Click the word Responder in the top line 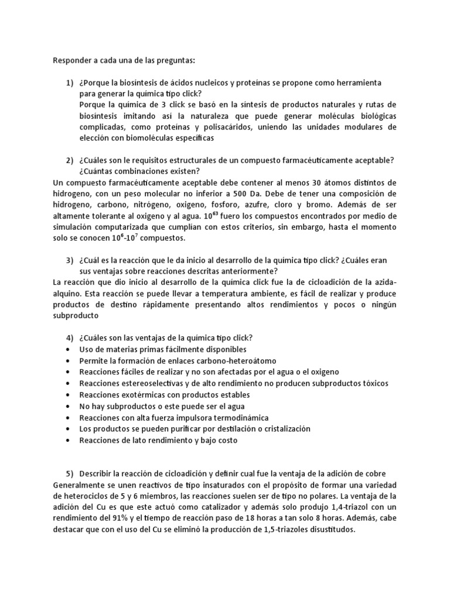point(72,59)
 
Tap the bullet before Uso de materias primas point(70,349)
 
